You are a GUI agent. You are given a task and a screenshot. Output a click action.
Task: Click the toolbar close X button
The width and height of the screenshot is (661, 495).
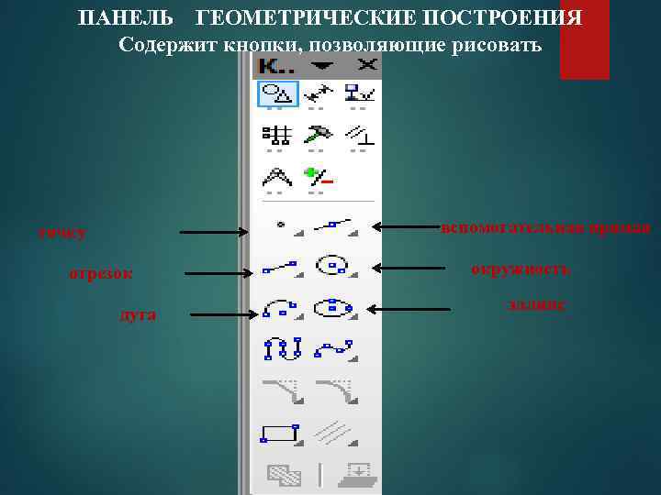coord(367,64)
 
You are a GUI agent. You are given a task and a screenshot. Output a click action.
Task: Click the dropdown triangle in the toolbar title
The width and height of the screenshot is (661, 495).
coord(322,64)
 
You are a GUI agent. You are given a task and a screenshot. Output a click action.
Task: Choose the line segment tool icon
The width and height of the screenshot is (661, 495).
coord(279,267)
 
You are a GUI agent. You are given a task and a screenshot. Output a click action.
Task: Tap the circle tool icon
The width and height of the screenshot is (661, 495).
coord(331,266)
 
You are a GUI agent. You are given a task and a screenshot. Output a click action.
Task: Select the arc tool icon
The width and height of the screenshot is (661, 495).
coord(279,308)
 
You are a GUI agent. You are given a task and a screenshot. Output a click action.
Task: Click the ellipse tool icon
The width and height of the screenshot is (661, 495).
coord(331,307)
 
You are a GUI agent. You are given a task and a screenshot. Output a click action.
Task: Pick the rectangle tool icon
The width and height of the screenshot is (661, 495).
coord(279,433)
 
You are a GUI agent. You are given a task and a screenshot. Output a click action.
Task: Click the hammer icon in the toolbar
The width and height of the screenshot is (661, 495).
coord(319,133)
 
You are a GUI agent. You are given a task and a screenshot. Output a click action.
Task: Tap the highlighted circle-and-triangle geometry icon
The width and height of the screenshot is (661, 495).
coord(275,92)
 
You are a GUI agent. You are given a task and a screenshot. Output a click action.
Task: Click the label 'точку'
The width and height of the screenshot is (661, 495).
coord(62,233)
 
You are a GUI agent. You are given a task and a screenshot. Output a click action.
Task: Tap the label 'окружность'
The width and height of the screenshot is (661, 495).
coord(520,269)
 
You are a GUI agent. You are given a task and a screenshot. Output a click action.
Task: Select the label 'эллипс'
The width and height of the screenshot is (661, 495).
coord(535,302)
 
